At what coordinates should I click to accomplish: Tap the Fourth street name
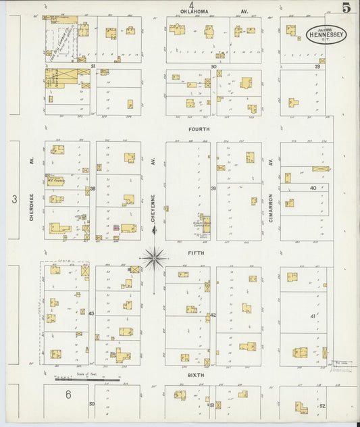pos(199,128)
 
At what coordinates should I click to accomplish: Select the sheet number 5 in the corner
pos(345,8)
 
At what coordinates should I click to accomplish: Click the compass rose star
pos(154,257)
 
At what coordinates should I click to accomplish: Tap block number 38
pos(93,189)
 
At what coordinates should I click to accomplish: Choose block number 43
pos(92,313)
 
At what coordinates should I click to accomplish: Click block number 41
pos(313,316)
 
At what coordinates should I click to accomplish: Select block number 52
pos(322,405)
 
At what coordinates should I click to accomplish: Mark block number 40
pos(313,188)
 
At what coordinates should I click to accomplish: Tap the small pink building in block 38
pos(115,228)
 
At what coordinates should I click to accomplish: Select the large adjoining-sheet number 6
pos(68,394)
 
